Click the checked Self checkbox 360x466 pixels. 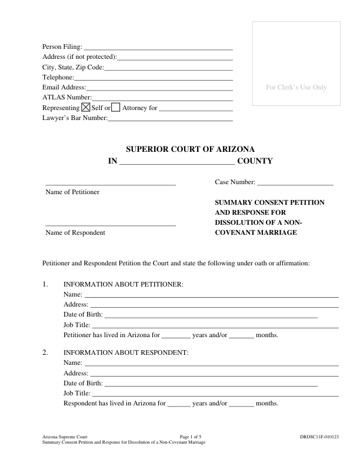coord(85,108)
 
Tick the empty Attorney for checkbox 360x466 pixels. coord(116,108)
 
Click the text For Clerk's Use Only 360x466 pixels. coord(296,88)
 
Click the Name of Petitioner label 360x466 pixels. coord(72,192)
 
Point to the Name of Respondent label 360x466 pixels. coord(75,232)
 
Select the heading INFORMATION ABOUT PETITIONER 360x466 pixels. coord(124,284)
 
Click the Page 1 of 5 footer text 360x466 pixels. coord(191,437)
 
